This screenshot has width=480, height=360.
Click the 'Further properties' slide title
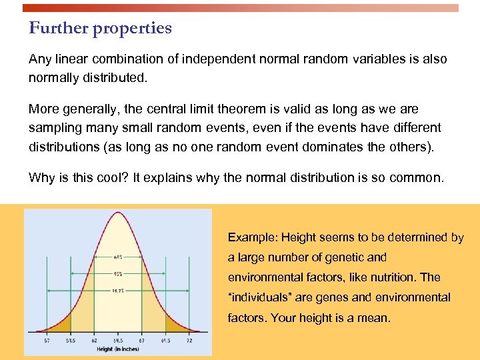click(100, 28)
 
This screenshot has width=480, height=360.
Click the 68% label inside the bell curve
click(117, 257)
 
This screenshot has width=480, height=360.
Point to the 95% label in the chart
click(117, 273)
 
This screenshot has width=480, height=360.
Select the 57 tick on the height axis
click(46, 340)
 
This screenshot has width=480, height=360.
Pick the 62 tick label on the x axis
click(94, 340)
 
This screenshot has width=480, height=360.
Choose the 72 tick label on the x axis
click(190, 340)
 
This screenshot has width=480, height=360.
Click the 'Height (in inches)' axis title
click(119, 349)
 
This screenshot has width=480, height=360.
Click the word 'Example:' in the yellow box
click(253, 237)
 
